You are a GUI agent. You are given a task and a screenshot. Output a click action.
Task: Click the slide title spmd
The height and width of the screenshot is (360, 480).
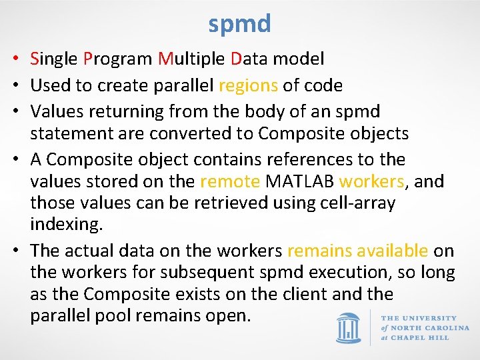(239, 24)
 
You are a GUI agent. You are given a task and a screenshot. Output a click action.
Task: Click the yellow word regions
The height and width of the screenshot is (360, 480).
(248, 86)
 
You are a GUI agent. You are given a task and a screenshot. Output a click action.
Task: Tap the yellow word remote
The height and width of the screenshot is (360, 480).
(230, 181)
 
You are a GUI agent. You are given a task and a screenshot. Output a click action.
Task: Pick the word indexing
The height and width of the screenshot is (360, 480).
(65, 225)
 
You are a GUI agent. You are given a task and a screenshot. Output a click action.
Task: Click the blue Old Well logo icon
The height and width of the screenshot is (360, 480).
(348, 327)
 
